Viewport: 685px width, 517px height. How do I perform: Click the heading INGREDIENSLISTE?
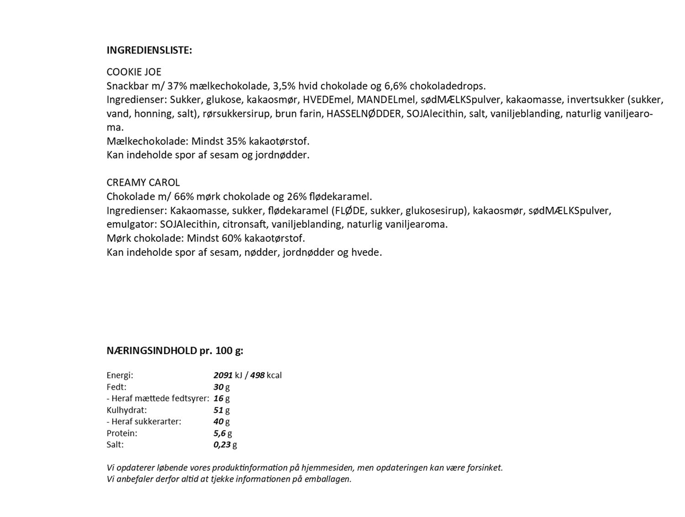tap(149, 50)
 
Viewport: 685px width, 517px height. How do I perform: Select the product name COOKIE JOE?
tap(134, 72)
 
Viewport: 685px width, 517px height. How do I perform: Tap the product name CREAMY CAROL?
tap(143, 183)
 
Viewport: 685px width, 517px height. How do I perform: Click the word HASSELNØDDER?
tap(364, 113)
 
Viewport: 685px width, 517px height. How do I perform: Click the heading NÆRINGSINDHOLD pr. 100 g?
tap(175, 351)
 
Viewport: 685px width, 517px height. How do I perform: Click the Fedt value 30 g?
tap(221, 387)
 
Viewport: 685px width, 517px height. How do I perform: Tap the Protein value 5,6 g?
tap(223, 433)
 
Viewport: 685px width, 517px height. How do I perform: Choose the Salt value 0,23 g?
tap(225, 444)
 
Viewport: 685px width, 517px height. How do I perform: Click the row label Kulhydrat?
tap(126, 410)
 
